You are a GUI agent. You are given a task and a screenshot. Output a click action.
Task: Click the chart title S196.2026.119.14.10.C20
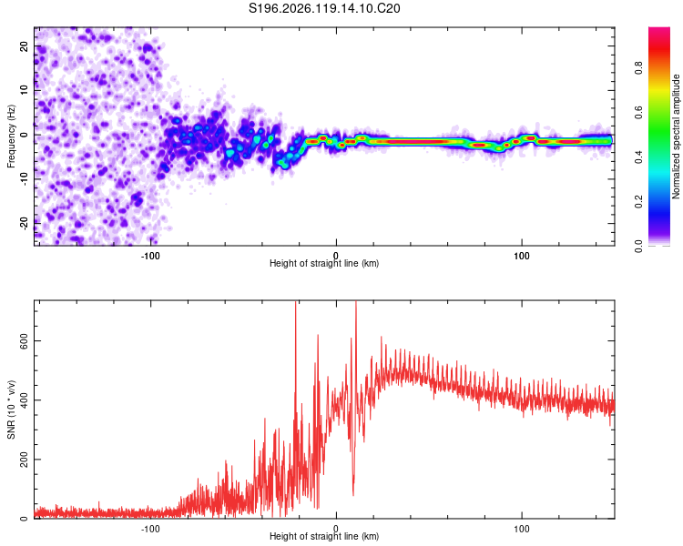click(x=324, y=8)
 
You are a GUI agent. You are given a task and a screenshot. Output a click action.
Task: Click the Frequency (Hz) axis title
click(x=11, y=136)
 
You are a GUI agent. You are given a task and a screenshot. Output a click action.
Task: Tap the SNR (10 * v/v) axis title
click(x=11, y=409)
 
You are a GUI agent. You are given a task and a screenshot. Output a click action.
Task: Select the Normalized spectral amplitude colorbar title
click(x=676, y=136)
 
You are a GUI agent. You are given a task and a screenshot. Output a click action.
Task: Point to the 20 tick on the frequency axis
click(x=24, y=45)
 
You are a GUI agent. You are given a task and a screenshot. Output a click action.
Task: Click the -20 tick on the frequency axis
click(x=24, y=223)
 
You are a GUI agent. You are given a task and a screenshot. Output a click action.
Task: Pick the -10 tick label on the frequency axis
click(x=24, y=179)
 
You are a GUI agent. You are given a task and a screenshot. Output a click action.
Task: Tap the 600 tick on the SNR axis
click(x=24, y=341)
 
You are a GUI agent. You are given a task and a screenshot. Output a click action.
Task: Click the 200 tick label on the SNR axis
click(x=24, y=460)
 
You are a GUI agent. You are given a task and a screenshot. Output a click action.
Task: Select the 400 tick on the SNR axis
click(x=24, y=400)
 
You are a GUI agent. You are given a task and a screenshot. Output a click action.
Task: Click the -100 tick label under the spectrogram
click(x=150, y=256)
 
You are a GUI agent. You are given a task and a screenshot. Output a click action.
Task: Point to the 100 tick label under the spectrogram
click(x=522, y=256)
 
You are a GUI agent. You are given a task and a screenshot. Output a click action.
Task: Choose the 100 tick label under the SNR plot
click(x=522, y=529)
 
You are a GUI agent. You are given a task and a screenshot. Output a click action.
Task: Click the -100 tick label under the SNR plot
click(x=150, y=529)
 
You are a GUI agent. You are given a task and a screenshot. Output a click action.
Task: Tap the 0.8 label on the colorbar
click(x=638, y=68)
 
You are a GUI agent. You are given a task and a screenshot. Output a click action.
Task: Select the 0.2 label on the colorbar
click(x=638, y=201)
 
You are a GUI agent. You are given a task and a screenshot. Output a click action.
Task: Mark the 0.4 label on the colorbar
click(x=638, y=157)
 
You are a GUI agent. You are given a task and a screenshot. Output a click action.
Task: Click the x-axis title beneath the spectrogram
click(x=324, y=263)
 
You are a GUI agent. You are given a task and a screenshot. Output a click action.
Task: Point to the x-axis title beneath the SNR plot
click(x=324, y=536)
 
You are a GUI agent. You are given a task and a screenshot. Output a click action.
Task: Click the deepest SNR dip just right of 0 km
click(x=353, y=494)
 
